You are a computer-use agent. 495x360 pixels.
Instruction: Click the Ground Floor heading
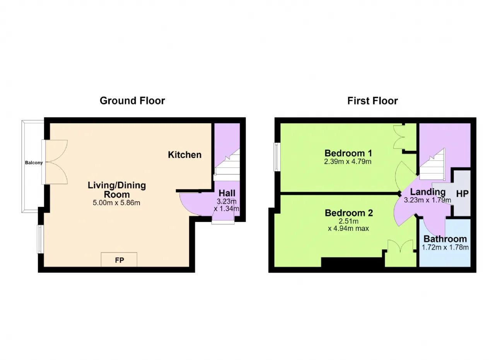click(132, 101)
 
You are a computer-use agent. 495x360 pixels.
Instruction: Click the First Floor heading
click(372, 101)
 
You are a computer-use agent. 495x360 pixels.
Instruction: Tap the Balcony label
click(34, 163)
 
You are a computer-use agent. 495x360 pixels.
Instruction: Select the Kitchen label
click(185, 155)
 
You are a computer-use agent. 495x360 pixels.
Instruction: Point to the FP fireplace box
click(119, 259)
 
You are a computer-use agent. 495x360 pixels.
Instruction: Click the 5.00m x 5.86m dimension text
click(116, 203)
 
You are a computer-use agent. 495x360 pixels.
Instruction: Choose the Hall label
click(227, 193)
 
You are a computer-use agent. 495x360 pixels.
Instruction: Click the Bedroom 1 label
click(348, 153)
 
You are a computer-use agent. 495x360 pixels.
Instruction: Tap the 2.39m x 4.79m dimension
click(348, 162)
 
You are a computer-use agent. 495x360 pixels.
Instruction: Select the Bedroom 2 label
click(349, 213)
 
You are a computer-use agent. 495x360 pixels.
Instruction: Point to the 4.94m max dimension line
click(348, 228)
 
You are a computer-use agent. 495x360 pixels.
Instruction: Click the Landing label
click(428, 192)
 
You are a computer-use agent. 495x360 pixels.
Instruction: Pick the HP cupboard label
click(462, 194)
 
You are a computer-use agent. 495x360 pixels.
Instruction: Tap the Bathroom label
click(445, 239)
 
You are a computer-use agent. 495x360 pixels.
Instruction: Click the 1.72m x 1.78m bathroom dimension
click(445, 247)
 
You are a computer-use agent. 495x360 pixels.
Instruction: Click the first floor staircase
click(432, 165)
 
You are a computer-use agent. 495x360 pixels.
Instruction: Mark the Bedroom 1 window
click(277, 157)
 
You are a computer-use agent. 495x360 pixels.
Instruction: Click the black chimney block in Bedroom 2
click(353, 262)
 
